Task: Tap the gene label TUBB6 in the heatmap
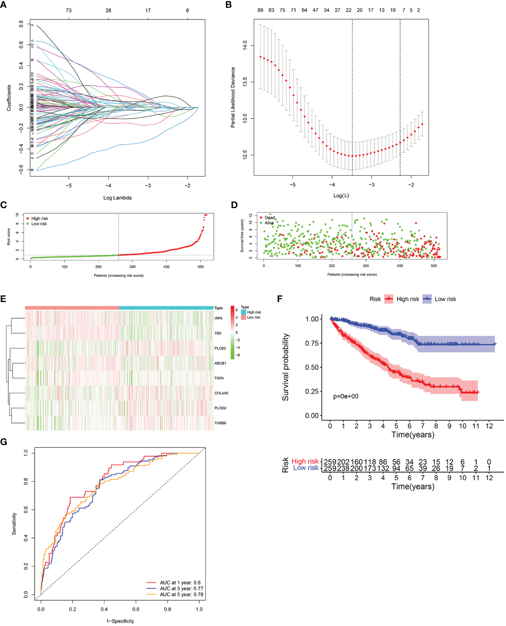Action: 220,423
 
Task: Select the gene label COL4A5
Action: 221,393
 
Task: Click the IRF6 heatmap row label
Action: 218,318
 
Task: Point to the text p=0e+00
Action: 346,396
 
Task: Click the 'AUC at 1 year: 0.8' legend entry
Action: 180,583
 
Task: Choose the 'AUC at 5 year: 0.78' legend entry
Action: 181,594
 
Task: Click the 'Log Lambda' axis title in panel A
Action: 117,198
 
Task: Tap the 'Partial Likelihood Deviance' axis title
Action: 233,97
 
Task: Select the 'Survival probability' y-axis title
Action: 286,367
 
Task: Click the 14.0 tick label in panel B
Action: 245,45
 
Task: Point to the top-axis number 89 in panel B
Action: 260,10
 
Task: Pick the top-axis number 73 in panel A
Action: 69,11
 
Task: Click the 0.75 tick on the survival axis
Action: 312,343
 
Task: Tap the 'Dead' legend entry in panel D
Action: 270,218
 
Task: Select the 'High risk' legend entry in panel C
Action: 40,218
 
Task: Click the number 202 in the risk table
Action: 343,462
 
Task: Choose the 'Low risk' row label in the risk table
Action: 305,468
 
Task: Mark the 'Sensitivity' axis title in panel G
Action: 14,524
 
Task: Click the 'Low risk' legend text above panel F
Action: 445,299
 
